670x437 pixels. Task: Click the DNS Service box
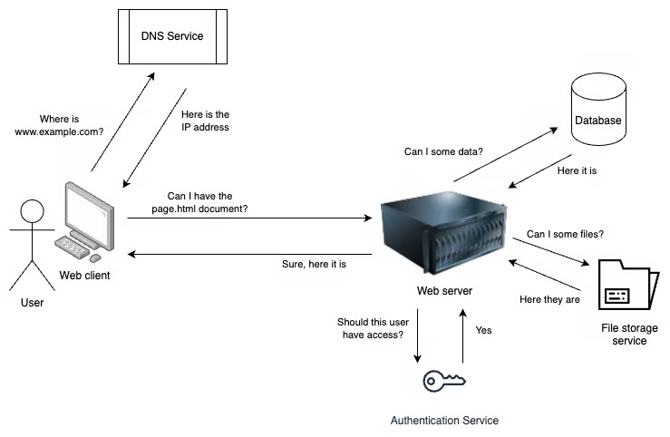click(x=171, y=36)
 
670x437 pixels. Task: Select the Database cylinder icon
click(x=598, y=113)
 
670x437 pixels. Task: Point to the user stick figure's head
click(x=32, y=212)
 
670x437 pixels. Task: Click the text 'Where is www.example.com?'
click(x=60, y=125)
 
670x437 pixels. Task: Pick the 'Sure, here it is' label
click(x=314, y=264)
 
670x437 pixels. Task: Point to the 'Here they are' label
click(x=549, y=299)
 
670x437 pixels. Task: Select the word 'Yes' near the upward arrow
click(x=483, y=330)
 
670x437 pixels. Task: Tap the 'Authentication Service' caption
click(x=444, y=421)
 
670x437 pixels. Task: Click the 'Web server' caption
click(x=444, y=291)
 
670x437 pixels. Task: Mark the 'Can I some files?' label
click(x=565, y=235)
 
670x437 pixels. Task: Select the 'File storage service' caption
click(x=629, y=334)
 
